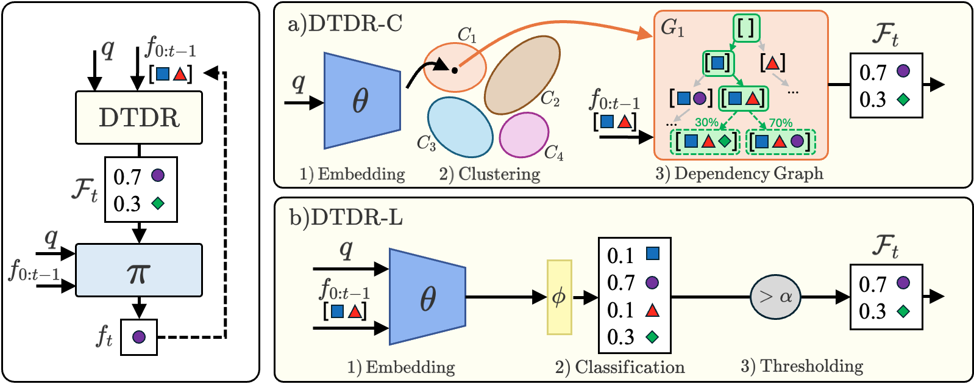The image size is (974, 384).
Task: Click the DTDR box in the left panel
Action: click(139, 118)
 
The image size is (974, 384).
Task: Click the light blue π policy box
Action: click(139, 270)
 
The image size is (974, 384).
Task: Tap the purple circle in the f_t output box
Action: click(139, 337)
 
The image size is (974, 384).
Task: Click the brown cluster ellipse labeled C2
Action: click(522, 74)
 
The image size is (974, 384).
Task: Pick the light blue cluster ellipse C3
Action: click(460, 127)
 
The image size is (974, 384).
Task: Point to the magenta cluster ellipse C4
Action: click(524, 136)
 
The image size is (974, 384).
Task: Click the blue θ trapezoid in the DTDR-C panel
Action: click(361, 101)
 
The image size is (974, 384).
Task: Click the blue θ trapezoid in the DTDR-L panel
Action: click(427, 297)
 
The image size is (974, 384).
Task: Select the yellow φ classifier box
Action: click(559, 297)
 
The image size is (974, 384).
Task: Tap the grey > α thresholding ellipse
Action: click(775, 297)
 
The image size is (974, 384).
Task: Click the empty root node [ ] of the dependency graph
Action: click(745, 27)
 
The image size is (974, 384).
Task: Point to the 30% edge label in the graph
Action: click(706, 122)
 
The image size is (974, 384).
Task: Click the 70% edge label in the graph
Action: click(780, 123)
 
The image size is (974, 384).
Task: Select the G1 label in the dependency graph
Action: click(672, 28)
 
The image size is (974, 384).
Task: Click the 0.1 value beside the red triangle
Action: click(620, 310)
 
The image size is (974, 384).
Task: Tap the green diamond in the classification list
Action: click(652, 336)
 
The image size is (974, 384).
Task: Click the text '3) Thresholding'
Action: click(802, 366)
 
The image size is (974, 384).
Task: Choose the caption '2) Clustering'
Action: click(489, 174)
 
